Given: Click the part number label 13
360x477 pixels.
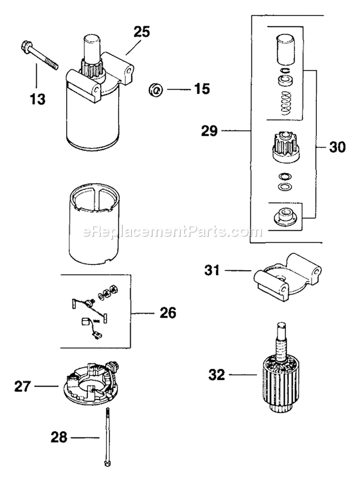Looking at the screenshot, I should (37, 99).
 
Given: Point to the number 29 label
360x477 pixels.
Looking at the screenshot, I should (210, 130).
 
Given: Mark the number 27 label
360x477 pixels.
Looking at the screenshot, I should (23, 386).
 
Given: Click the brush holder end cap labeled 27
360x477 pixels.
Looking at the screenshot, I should (91, 384).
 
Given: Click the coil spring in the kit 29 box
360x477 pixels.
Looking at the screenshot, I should (286, 103).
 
